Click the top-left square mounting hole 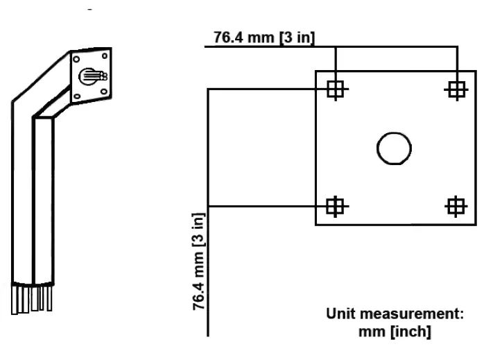click(336, 89)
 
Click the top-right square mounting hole click(456, 89)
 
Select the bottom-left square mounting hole click(336, 206)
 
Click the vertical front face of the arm click(43, 201)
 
